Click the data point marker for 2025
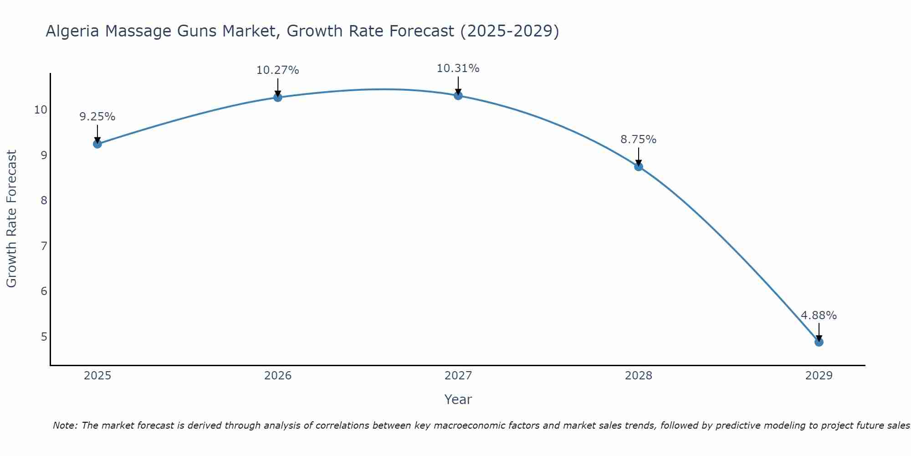[97, 144]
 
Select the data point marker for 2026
[277, 97]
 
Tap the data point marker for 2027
[458, 95]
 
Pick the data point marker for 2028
[638, 166]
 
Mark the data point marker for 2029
[819, 342]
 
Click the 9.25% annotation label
[97, 117]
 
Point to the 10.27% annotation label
[277, 70]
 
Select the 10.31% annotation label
[458, 68]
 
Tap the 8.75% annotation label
[638, 140]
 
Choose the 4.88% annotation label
[819, 316]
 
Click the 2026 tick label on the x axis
[278, 376]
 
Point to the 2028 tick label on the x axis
[638, 376]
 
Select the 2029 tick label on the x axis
[819, 376]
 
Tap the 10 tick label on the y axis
[41, 110]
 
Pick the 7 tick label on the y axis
[44, 246]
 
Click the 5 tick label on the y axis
[44, 337]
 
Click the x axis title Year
[458, 399]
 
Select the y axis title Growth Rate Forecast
[11, 219]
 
